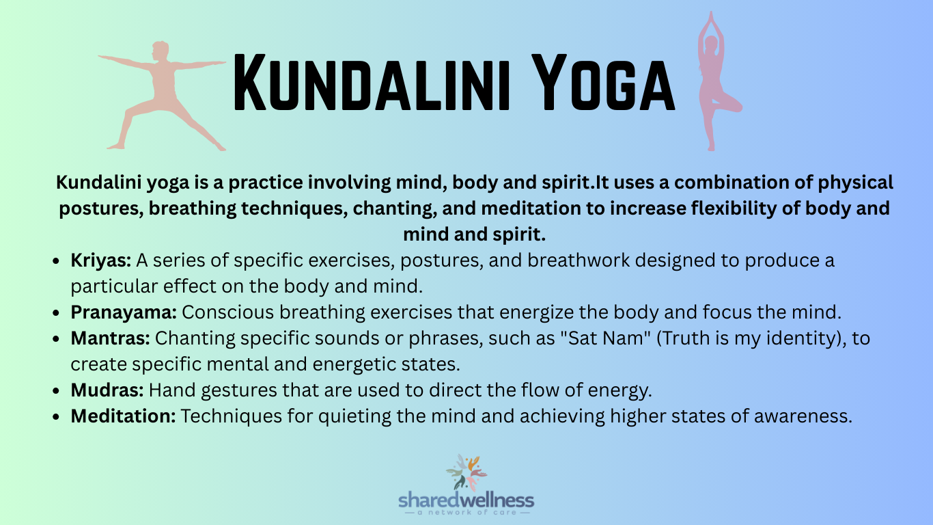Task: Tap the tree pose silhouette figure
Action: click(714, 85)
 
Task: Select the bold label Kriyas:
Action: click(101, 260)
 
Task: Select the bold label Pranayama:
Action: click(124, 312)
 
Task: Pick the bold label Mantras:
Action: click(109, 338)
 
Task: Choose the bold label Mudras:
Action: click(107, 390)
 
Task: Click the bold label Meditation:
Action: click(123, 416)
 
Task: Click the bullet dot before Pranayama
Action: click(59, 313)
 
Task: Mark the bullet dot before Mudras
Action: click(59, 392)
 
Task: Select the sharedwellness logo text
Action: click(466, 500)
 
